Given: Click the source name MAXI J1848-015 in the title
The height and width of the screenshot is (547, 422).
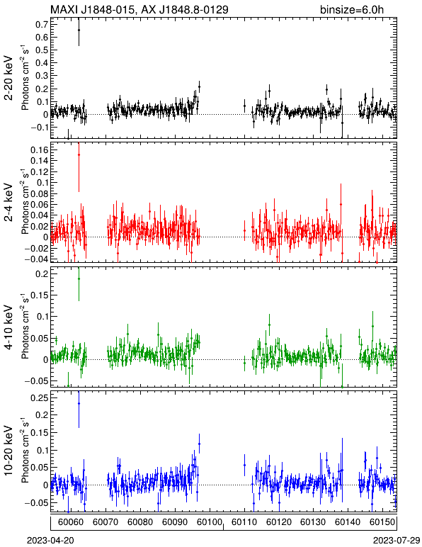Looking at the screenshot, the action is coord(91,9).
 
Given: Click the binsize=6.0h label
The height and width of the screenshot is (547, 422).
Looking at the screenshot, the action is coord(352,9).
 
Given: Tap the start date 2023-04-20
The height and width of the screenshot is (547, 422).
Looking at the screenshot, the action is coord(50,541).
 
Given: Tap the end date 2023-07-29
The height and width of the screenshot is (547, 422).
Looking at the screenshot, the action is coord(397,541).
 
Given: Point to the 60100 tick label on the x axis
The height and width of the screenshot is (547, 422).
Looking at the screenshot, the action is coord(210,522).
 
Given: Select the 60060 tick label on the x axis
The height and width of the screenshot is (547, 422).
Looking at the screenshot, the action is coord(71,522).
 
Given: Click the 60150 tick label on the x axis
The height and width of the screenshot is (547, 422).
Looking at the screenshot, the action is coord(383,522).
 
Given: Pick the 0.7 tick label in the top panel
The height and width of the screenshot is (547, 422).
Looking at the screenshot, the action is coord(42,24).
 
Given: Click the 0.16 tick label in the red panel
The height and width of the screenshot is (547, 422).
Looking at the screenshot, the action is coord(40,150).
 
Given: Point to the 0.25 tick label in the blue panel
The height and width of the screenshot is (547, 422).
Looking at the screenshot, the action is coord(40,398).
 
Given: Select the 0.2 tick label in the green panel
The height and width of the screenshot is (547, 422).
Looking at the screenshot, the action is coord(42,273).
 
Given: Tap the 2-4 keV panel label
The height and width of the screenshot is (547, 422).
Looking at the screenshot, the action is coord(9,203).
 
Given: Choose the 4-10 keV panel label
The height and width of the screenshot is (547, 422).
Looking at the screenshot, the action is coord(9,327).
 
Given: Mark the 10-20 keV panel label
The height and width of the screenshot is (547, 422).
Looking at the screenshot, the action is coord(9,451).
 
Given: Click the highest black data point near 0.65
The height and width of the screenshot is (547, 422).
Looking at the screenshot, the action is coord(79,30).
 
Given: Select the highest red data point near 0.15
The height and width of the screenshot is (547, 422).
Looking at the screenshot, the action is coord(79,155).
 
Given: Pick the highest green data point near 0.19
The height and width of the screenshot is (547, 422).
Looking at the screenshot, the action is coord(79,278).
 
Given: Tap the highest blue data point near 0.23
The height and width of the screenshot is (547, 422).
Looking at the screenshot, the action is coord(79,403).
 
